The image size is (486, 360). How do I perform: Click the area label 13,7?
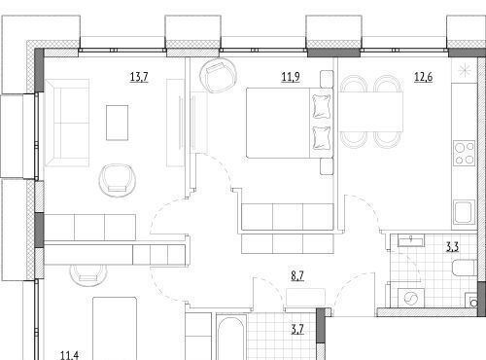139,77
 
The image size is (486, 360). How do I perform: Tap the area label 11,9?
291,77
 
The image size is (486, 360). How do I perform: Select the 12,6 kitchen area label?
424,77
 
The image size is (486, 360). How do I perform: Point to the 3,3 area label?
453,247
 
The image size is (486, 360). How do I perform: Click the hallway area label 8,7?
297,276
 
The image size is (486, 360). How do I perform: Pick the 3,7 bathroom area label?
297,330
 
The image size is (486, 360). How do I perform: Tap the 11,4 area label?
69,355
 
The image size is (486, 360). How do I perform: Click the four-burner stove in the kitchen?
464,154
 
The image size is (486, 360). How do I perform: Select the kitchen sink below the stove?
464,212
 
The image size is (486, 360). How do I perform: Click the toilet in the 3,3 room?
464,268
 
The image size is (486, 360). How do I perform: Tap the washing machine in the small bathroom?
411,297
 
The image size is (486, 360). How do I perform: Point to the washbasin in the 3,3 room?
411,240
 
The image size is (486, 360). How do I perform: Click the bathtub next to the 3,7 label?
230,338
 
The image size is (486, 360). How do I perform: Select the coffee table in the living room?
118,123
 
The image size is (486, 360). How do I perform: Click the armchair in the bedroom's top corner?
218,75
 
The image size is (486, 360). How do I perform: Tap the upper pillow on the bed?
322,106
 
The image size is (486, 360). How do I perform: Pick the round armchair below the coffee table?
117,180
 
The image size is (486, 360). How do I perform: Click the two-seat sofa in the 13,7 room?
67,123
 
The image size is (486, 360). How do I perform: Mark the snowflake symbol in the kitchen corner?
464,70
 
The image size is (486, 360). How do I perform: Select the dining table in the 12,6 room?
371,112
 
